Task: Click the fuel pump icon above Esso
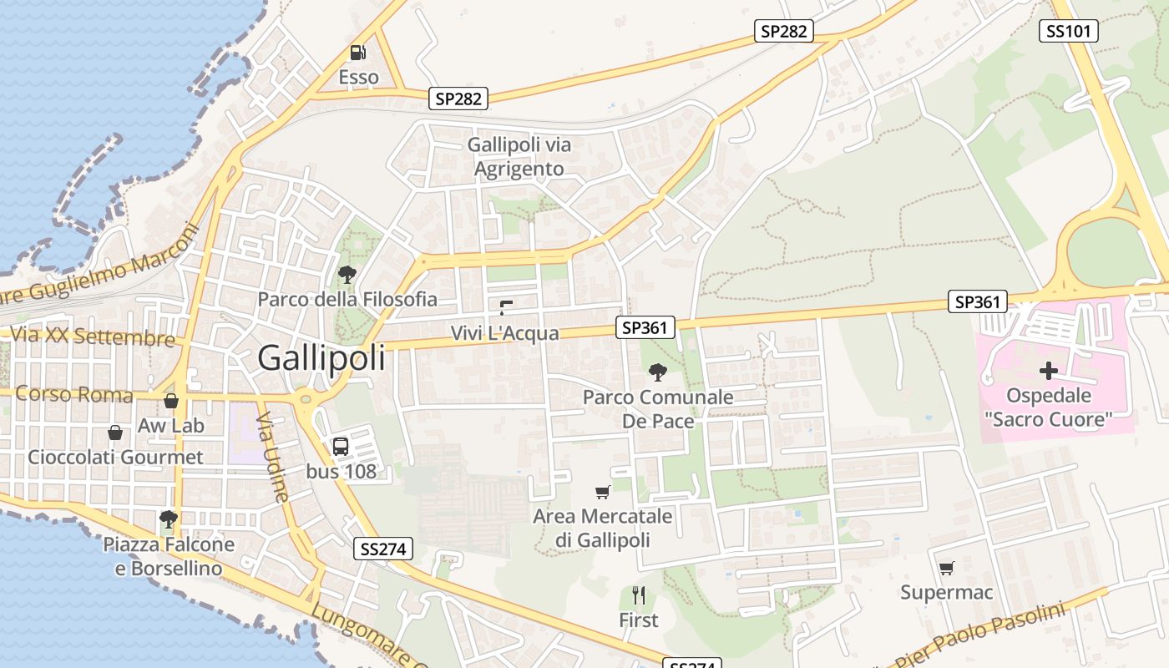pos(358,53)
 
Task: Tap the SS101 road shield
pos(1068,32)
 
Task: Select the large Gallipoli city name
pos(321,357)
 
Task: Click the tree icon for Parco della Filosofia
pos(347,274)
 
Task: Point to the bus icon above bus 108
pos(341,446)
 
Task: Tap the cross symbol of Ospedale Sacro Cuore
pos(1049,371)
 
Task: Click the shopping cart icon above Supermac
pos(946,569)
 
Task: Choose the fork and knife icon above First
pos(639,595)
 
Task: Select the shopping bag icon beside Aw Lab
pos(171,401)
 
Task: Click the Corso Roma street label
pos(73,394)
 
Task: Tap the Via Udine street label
pos(273,456)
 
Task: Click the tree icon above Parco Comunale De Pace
pos(658,372)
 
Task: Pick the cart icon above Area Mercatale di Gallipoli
pos(603,492)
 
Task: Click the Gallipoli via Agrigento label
pos(519,157)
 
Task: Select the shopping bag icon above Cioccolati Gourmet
pos(115,433)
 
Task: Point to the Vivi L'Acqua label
pos(504,333)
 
